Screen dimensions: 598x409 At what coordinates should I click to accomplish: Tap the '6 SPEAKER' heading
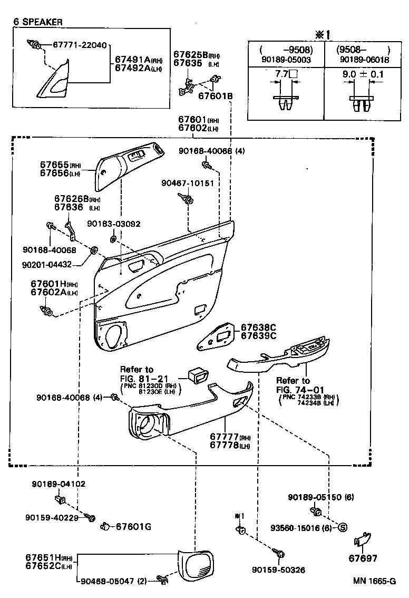[x=38, y=22]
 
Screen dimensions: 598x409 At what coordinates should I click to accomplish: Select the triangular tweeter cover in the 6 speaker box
[x=58, y=81]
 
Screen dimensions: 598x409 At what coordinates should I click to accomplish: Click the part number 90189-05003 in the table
[x=285, y=60]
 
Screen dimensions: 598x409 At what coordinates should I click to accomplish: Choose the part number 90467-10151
[x=188, y=183]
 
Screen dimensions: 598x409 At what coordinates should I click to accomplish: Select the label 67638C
[x=258, y=327]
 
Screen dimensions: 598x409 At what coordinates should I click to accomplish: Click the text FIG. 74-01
[x=300, y=390]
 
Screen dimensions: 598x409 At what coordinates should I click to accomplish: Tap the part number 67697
[x=363, y=558]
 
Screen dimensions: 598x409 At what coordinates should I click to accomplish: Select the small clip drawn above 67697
[x=362, y=539]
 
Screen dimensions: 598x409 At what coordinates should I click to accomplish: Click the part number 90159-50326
[x=278, y=570]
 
